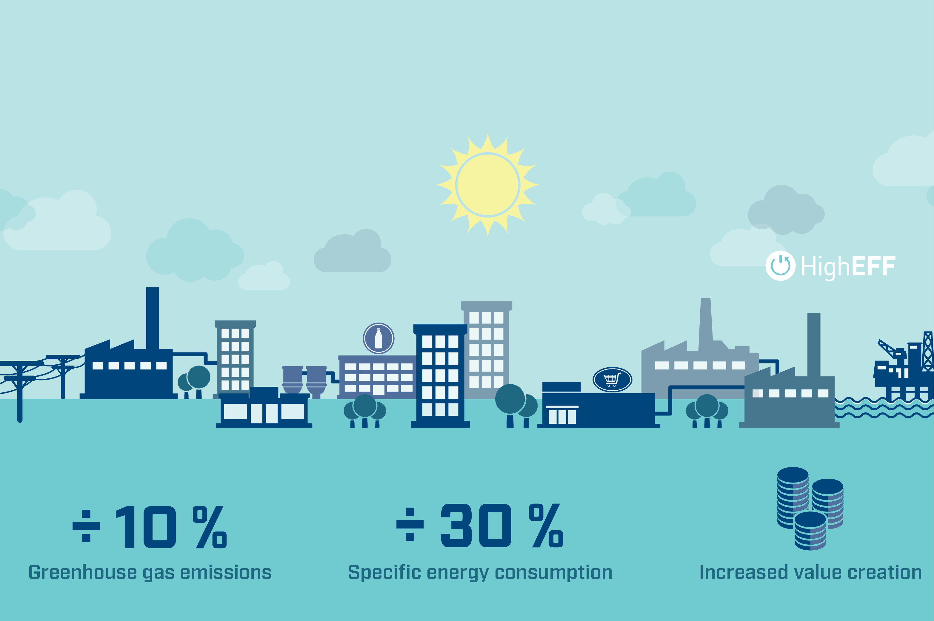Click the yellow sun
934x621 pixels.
[488, 185]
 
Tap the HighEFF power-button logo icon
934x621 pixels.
[780, 266]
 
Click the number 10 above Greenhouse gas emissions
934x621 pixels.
[146, 527]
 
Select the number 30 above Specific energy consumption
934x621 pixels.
[476, 526]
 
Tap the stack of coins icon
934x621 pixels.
[810, 509]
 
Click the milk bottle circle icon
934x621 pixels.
[379, 338]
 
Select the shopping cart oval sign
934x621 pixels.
[612, 379]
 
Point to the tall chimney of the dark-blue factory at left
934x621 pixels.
[153, 318]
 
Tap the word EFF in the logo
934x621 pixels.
[873, 266]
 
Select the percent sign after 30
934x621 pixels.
[546, 526]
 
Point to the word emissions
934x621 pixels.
[226, 572]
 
